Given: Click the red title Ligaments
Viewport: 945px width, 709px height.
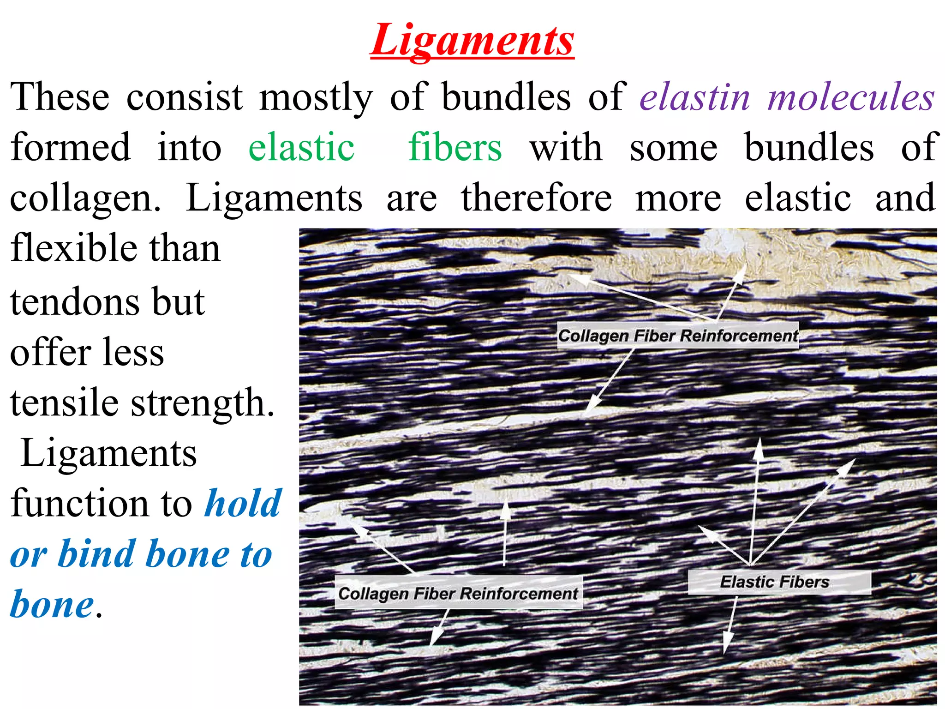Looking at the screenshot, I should click(472, 41).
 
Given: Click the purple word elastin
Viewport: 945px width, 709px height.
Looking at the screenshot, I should click(695, 97).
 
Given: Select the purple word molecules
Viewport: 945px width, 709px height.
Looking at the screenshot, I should click(851, 97).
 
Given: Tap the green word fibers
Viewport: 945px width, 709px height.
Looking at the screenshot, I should click(455, 147).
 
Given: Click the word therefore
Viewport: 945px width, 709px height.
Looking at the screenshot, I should click(536, 198).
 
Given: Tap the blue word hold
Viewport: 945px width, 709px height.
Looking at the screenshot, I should click(243, 503).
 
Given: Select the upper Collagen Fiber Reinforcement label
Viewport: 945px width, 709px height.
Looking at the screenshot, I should click(677, 336).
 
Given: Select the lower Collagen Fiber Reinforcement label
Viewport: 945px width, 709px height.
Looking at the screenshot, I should click(458, 593).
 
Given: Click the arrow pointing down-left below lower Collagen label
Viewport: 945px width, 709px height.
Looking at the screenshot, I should click(438, 628).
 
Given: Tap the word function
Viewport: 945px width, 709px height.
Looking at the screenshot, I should click(76, 503).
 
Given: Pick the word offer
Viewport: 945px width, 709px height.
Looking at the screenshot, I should click(46, 353).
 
